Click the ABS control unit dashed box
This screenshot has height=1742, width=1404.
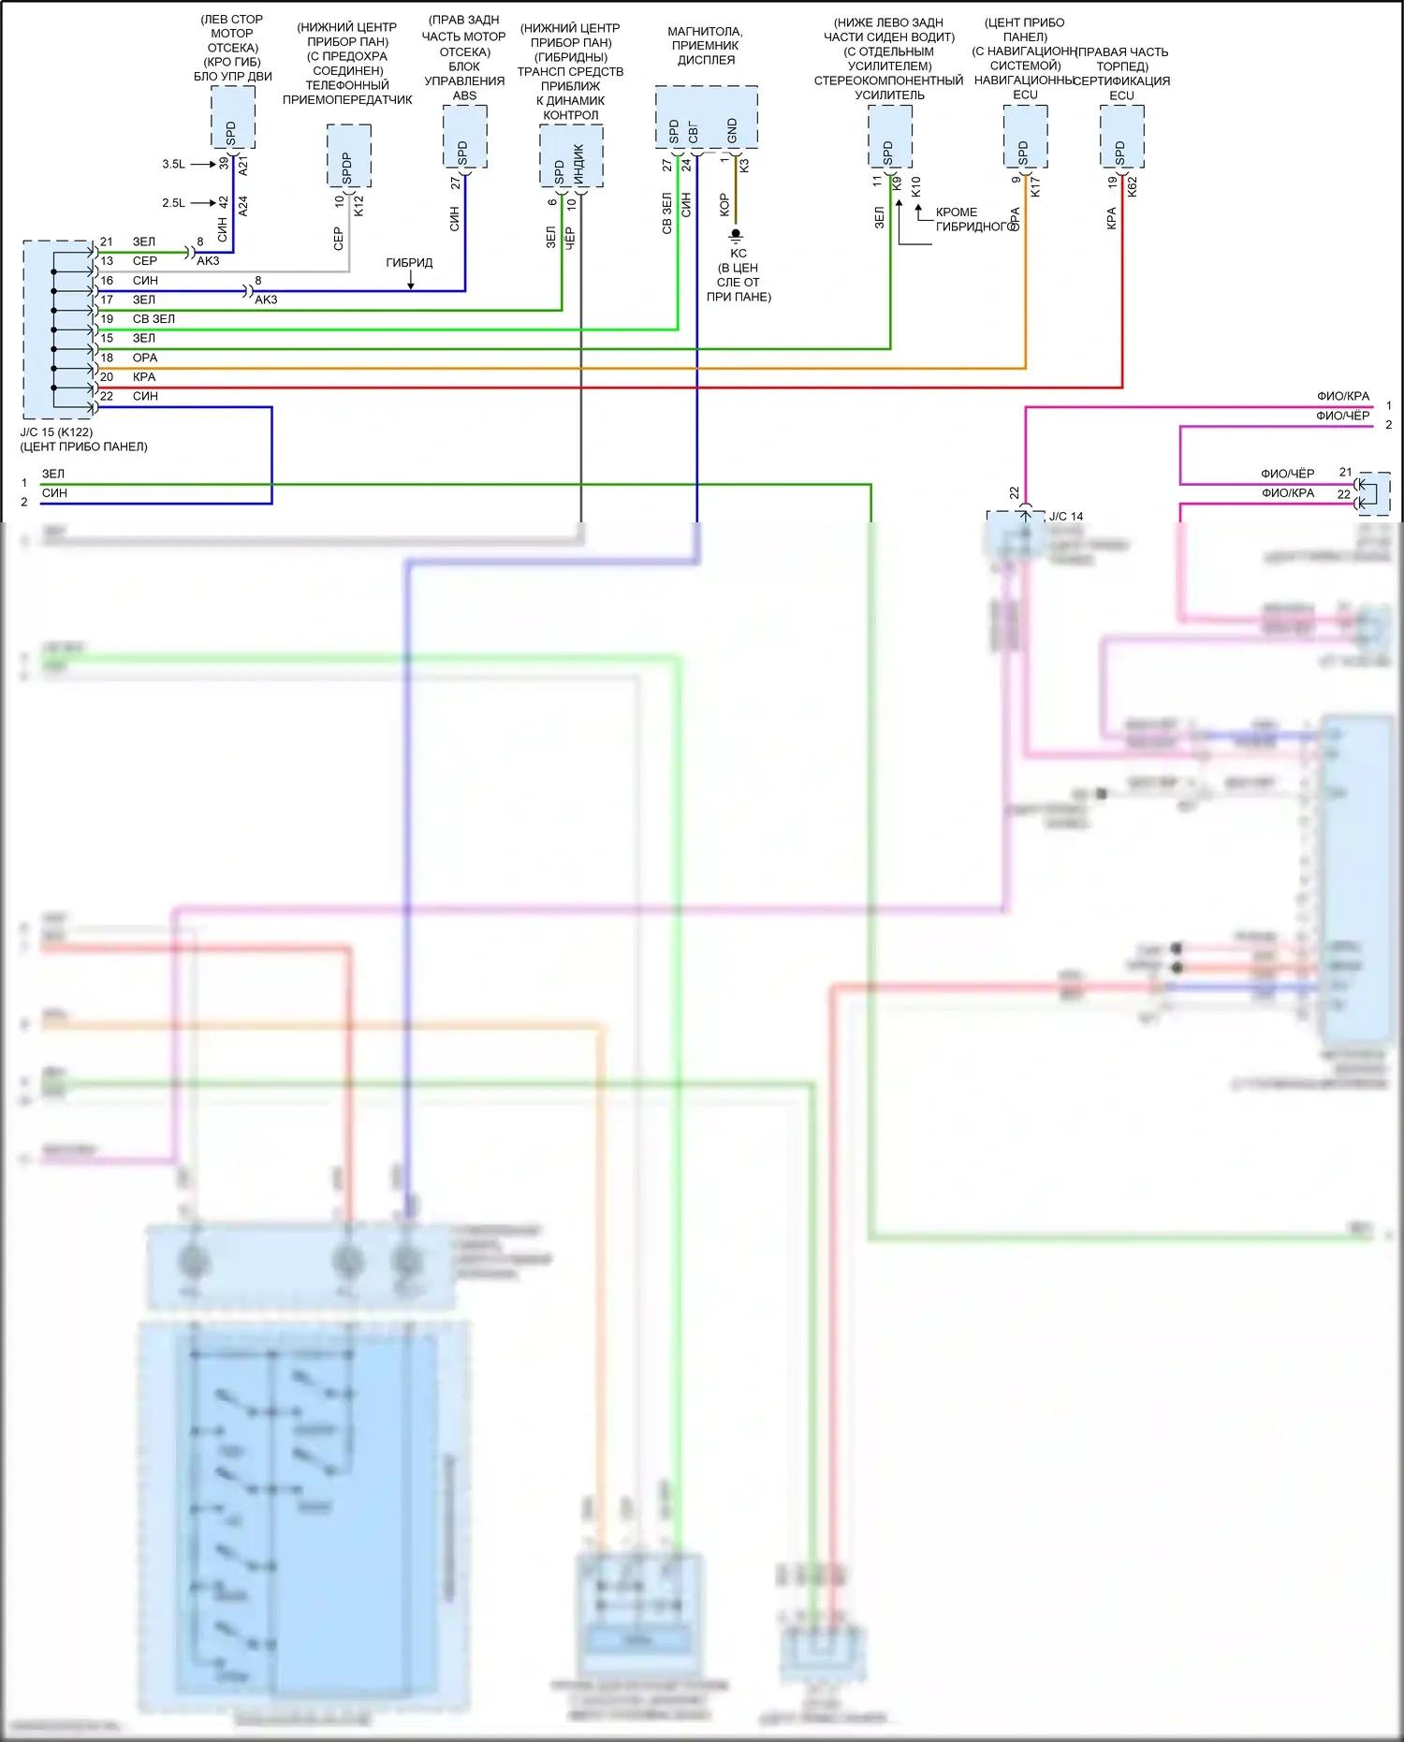click(464, 137)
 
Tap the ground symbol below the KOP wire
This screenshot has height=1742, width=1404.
click(737, 234)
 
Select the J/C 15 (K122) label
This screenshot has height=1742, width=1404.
click(56, 432)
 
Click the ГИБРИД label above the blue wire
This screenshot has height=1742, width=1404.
click(409, 263)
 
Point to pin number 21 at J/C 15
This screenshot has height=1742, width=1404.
click(107, 242)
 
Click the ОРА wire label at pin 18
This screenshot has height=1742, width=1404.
click(145, 358)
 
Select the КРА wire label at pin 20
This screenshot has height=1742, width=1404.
click(144, 377)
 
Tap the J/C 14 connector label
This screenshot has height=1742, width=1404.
click(1066, 517)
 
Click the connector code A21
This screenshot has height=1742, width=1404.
click(243, 167)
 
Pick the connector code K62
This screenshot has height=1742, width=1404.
click(1132, 186)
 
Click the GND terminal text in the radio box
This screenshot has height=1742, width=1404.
click(732, 131)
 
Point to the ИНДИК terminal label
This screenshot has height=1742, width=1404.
click(578, 165)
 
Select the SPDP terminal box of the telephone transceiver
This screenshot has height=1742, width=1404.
click(348, 156)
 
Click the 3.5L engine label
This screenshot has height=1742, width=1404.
click(173, 164)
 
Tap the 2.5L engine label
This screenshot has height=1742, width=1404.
click(173, 203)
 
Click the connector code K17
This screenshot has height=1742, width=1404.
click(1035, 186)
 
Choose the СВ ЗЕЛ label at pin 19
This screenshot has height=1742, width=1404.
click(154, 319)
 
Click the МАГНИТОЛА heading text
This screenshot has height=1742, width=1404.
click(705, 32)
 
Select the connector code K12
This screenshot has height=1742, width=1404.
click(358, 205)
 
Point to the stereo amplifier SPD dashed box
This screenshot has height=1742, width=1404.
click(889, 137)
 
